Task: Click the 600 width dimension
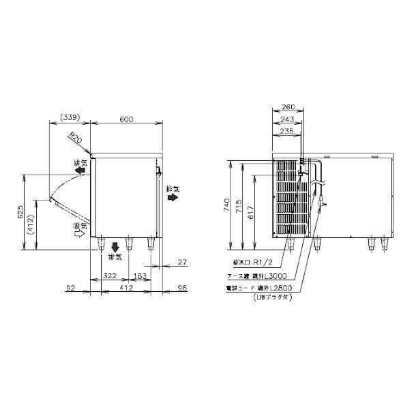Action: pos(126,119)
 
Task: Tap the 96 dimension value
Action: pos(181,288)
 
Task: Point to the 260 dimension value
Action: pos(286,106)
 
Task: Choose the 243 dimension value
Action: pos(286,119)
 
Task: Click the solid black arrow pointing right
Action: pos(173,196)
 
